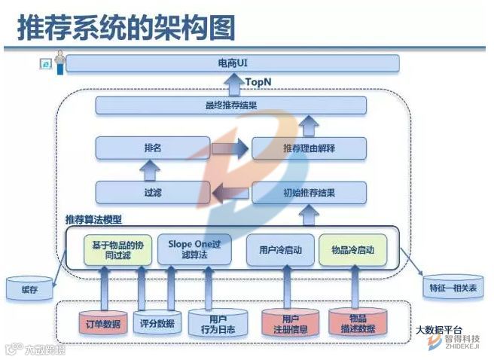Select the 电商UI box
232,63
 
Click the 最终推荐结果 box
230,105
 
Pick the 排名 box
151,148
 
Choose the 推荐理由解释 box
309,148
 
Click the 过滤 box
151,193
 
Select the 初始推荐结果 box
309,193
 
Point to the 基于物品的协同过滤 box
111,249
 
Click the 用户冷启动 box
279,249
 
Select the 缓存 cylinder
29,288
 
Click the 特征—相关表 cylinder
452,288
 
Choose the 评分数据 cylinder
157,323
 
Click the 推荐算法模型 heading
93,220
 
